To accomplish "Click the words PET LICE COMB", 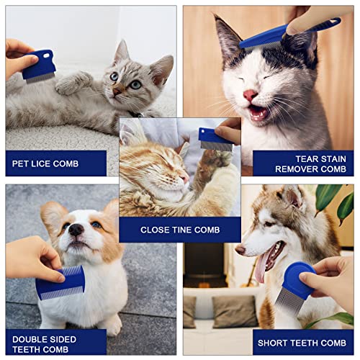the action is point(45,163).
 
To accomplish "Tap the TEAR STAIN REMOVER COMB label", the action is point(310,164).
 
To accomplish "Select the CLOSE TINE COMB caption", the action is point(180,230).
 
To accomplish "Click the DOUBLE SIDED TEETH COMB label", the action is point(44,344).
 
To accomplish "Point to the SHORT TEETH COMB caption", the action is point(302,343).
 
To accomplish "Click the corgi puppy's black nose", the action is point(76,230).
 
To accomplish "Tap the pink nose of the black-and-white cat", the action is point(250,95).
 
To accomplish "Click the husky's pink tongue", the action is point(261,268).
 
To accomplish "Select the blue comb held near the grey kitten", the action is point(38,67).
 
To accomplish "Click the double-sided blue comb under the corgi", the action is point(60,282).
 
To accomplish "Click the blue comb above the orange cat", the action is point(216,140).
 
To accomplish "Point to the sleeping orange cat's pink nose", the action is point(185,179).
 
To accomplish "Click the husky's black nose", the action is point(240,250).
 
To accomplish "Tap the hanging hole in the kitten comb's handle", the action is point(46,55).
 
